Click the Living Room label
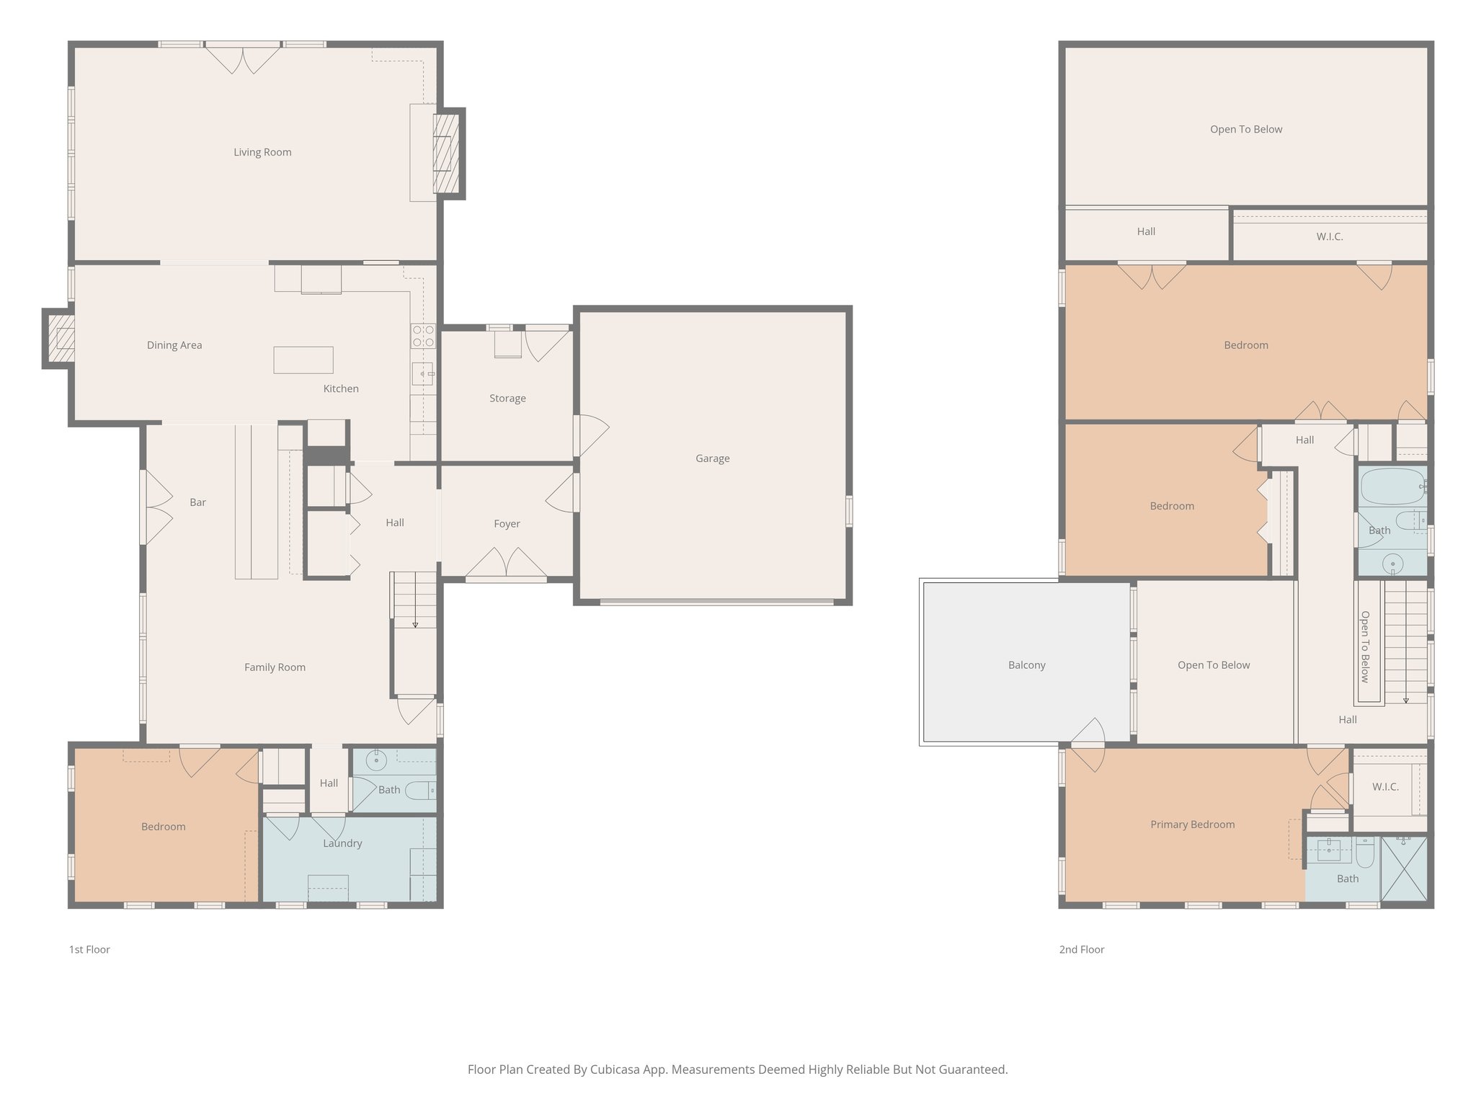(262, 152)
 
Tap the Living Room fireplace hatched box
(445, 154)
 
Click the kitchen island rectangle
(303, 360)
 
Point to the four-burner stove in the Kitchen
(423, 336)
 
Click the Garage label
(712, 458)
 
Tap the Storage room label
(507, 399)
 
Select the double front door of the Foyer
(506, 564)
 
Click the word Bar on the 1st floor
(197, 502)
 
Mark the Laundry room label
(342, 843)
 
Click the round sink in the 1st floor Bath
(375, 760)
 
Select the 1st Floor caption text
(89, 950)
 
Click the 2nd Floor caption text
(1081, 950)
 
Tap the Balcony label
(1026, 665)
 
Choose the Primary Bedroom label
(1192, 824)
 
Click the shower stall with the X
(1404, 868)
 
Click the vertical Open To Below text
(1364, 646)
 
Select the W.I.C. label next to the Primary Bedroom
(1384, 787)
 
